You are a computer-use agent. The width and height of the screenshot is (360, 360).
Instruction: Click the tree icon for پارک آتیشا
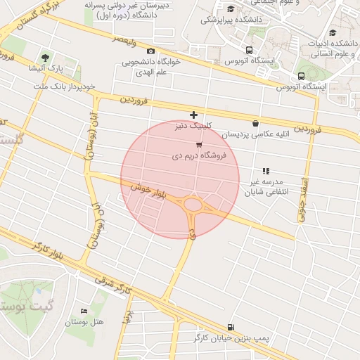[46, 57]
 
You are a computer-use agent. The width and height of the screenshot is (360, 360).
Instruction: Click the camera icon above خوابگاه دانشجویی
[150, 51]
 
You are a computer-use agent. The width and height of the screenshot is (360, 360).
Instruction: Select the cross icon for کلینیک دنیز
[193, 115]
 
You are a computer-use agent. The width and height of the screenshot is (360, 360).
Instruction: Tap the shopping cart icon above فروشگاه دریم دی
[200, 145]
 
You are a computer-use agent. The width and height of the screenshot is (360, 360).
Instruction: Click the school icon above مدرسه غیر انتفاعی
[266, 171]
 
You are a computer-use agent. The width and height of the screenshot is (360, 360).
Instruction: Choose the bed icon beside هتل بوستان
[85, 310]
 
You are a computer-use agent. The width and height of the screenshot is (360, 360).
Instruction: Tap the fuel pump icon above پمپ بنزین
[231, 326]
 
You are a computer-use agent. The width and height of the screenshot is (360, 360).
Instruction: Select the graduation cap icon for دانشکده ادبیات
[332, 32]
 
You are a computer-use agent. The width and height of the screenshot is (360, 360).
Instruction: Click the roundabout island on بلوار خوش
[193, 206]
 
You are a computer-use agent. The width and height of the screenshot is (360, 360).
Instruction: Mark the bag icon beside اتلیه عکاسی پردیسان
[255, 123]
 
